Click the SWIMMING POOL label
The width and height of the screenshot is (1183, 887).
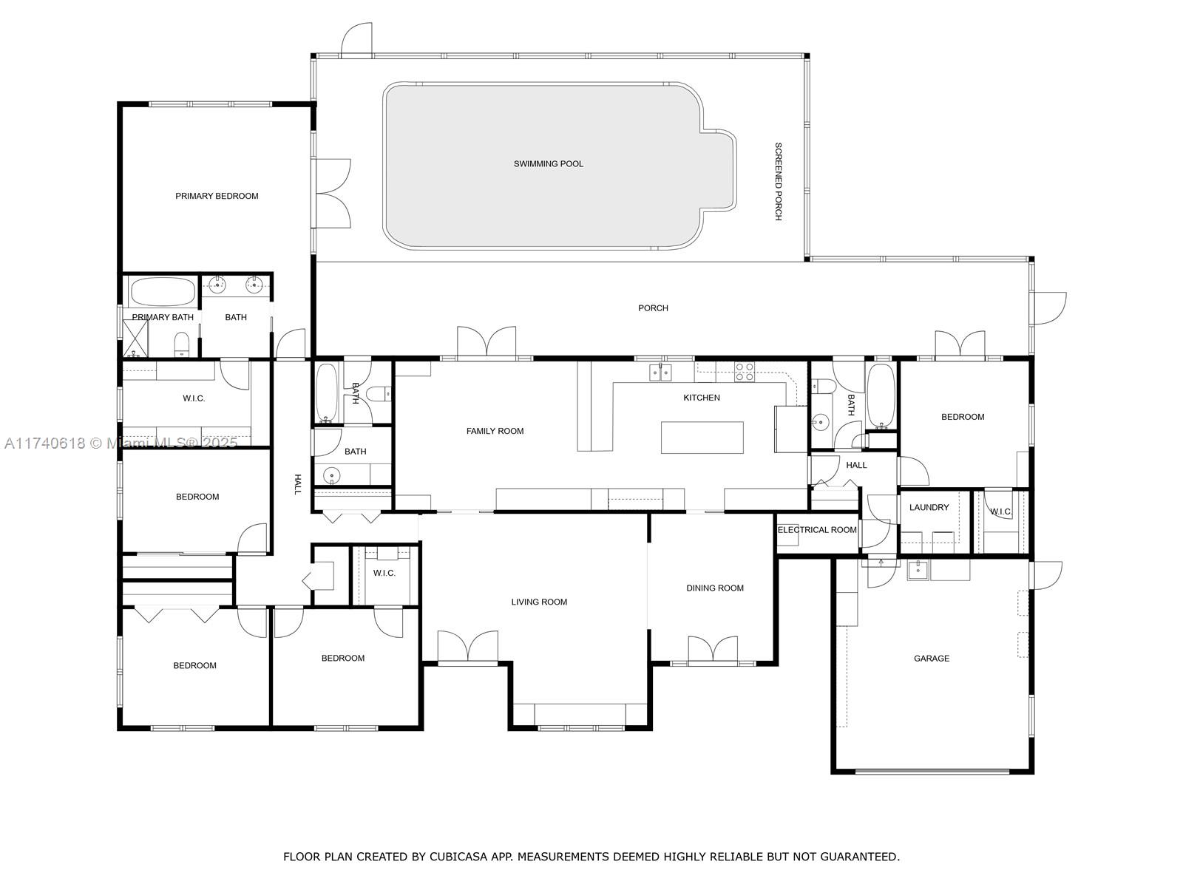(548, 163)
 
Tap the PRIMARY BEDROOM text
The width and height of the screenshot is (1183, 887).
(217, 196)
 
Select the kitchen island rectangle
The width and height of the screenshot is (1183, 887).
(702, 438)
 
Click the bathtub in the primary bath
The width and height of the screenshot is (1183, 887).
(163, 291)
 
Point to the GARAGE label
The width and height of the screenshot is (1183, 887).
(931, 658)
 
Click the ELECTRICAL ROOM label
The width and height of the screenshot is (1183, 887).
(816, 530)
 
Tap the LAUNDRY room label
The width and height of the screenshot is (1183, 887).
(929, 507)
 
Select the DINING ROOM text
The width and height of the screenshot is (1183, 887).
(714, 588)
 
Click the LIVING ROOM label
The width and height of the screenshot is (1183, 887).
(539, 602)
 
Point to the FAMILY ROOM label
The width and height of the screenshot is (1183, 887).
(495, 431)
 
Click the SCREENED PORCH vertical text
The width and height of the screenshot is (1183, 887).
(778, 181)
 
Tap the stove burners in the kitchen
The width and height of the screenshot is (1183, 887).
(744, 372)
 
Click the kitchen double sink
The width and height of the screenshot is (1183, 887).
(660, 372)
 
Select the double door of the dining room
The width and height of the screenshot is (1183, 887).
(712, 648)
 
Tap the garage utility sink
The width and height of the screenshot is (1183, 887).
(918, 569)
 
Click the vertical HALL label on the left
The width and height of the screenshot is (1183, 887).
(298, 484)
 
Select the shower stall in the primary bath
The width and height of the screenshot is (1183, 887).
(135, 339)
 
